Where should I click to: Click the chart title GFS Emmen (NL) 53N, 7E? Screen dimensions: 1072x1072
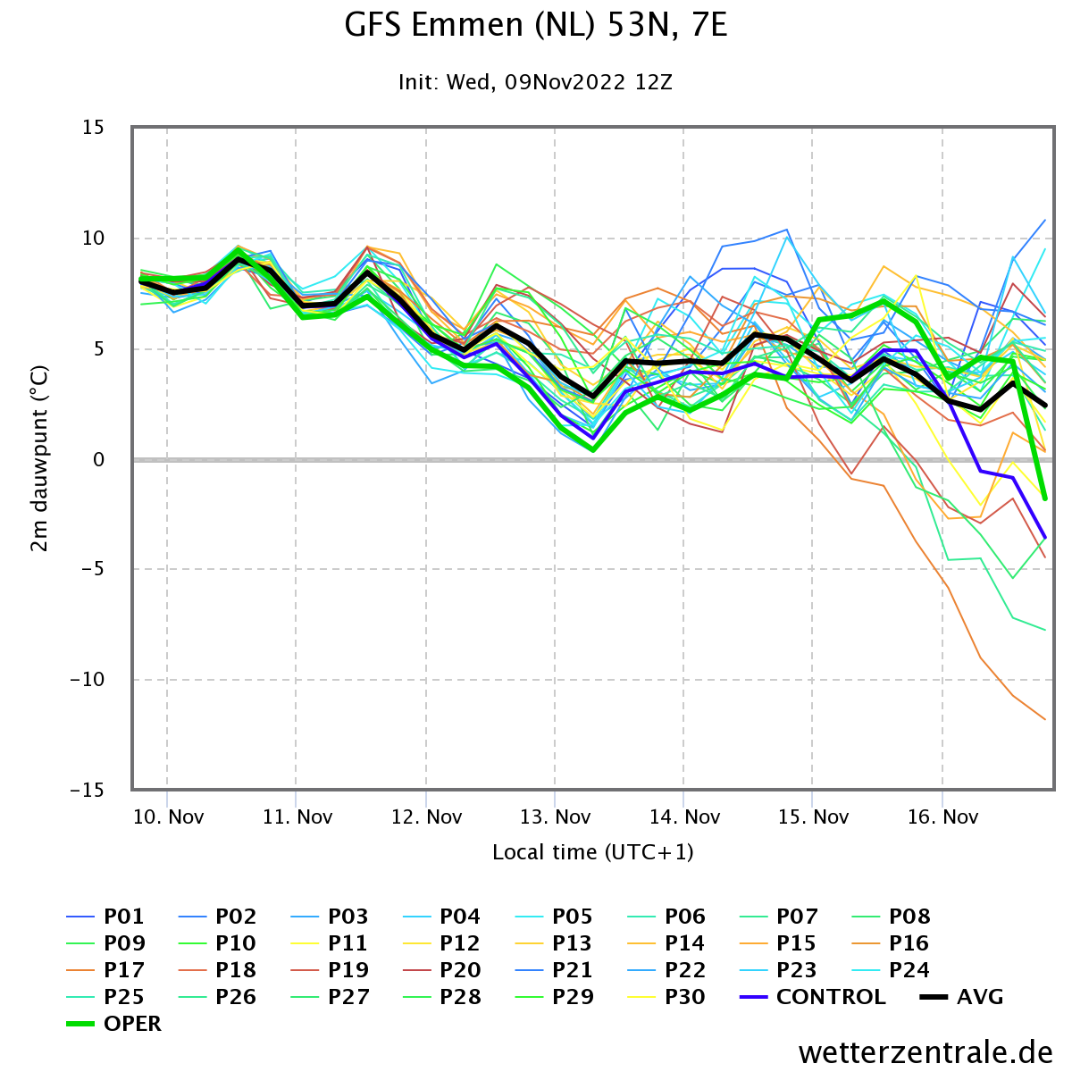click(x=535, y=26)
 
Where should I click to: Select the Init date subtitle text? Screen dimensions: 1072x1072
click(x=535, y=82)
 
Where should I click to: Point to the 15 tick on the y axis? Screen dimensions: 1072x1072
click(x=93, y=128)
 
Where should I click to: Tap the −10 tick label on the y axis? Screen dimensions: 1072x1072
click(x=87, y=679)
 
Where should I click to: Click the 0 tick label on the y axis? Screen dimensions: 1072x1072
click(x=99, y=459)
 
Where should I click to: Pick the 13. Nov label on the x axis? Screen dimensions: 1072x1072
click(x=555, y=817)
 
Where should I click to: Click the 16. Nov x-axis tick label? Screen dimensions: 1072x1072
click(x=942, y=817)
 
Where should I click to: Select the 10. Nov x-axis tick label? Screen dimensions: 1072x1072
click(x=168, y=817)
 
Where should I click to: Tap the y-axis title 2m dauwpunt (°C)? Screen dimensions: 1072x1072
click(x=39, y=458)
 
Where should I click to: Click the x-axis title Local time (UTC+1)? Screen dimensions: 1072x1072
click(x=593, y=851)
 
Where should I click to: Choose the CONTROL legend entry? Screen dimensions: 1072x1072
click(x=813, y=996)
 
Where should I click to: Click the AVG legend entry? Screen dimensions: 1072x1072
click(x=962, y=996)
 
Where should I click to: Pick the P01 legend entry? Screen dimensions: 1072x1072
click(x=105, y=917)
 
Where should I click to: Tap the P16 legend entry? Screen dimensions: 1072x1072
click(x=891, y=943)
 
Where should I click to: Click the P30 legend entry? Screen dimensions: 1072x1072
click(x=666, y=996)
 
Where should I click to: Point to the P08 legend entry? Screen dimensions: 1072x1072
click(x=891, y=917)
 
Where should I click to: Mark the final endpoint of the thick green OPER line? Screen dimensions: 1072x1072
click(x=1045, y=498)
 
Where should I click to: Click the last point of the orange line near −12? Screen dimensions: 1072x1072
click(x=1045, y=719)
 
